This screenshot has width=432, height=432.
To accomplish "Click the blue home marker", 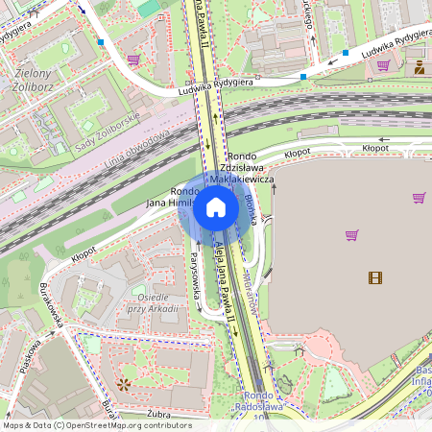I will [216, 207].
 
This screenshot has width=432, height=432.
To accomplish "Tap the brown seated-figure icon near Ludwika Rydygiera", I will [419, 67].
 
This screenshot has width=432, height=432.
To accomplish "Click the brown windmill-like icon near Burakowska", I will [122, 385].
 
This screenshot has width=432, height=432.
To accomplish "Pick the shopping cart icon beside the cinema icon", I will [351, 234].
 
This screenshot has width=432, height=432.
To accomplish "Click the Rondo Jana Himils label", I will [170, 198].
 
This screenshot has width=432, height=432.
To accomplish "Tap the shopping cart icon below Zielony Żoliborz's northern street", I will [132, 60].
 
